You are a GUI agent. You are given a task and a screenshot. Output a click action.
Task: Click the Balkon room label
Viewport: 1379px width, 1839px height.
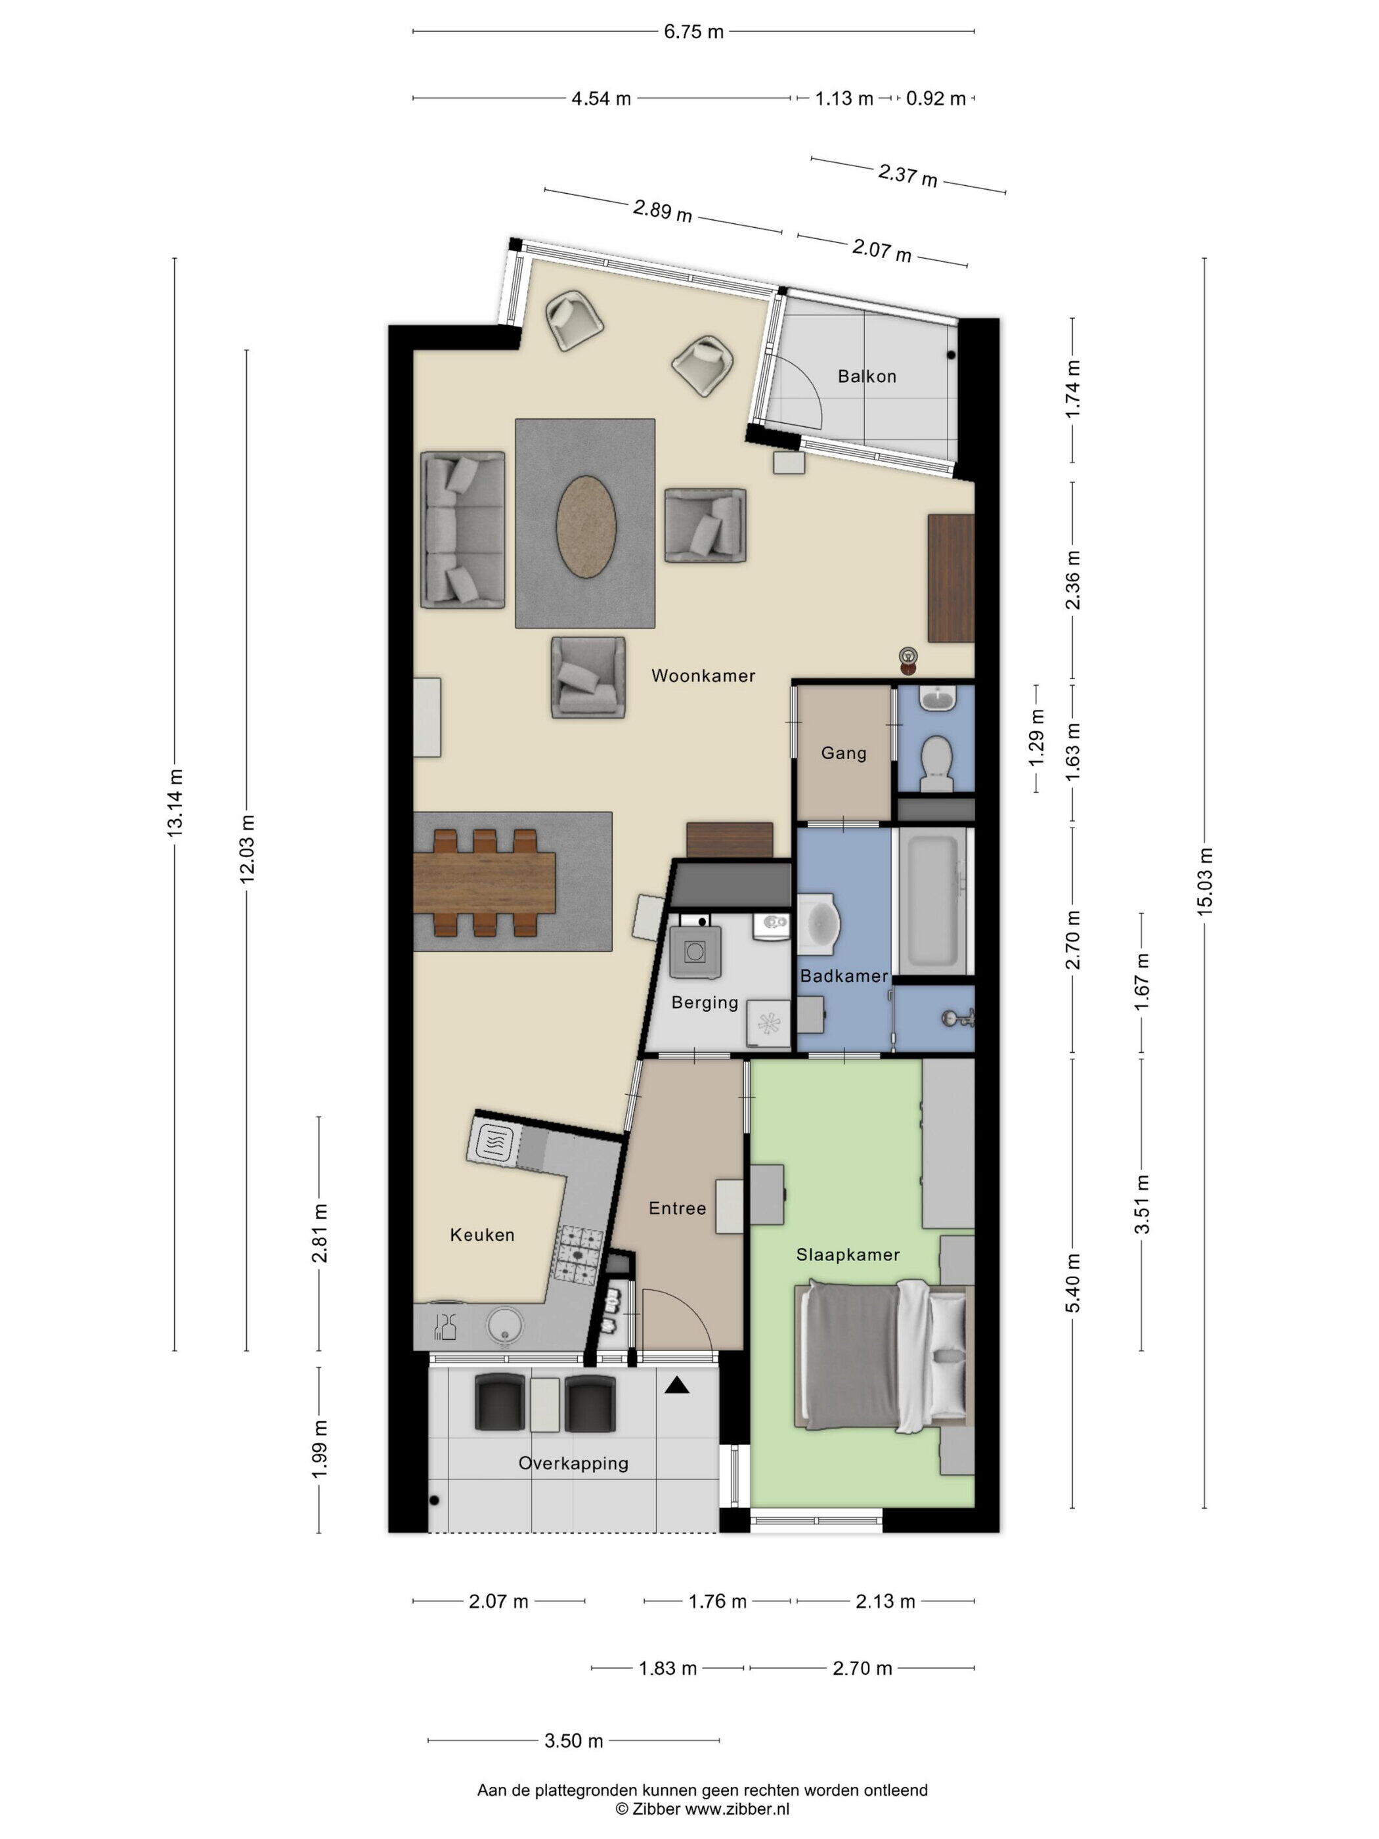coord(867,376)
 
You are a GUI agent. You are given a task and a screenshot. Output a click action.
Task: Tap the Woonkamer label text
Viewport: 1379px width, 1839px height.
coord(703,676)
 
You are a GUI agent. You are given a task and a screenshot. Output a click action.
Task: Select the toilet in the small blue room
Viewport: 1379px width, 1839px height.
coord(937,763)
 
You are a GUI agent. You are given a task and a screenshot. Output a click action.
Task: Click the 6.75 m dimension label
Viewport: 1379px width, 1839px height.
coord(693,32)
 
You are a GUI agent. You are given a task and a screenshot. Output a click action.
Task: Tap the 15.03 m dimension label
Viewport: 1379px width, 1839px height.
coord(1204,881)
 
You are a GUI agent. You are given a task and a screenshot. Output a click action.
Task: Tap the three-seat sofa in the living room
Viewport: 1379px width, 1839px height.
coord(463,529)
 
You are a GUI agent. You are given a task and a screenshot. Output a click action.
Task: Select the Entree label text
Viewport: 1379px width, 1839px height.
coord(678,1208)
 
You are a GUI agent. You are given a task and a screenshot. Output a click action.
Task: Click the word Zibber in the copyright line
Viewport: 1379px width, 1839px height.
coord(656,1808)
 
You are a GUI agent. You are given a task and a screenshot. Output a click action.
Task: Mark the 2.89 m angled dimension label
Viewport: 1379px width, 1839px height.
coord(663,210)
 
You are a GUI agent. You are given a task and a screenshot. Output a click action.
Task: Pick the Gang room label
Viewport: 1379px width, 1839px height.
coord(844,753)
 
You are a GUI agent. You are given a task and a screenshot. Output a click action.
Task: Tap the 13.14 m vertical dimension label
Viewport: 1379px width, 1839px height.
coord(175,803)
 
